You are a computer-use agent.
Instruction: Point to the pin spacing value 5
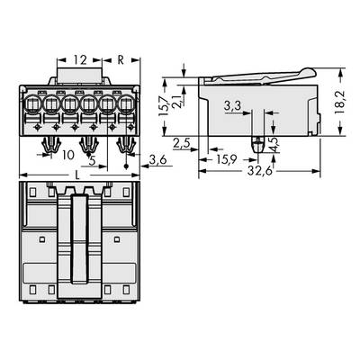93,162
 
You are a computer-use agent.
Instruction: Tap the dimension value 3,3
231,107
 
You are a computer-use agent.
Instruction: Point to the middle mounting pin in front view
88,144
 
